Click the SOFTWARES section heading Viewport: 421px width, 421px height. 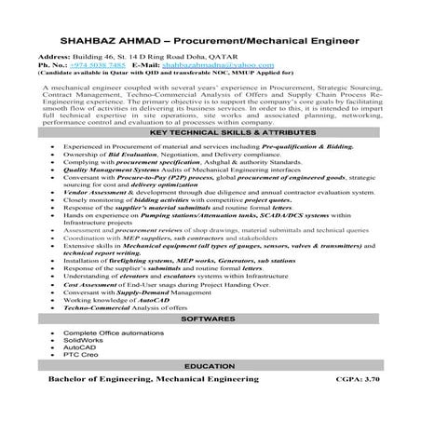pyautogui.click(x=209, y=319)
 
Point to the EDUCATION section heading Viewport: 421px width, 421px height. pyautogui.click(x=209, y=368)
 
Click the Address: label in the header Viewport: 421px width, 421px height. pyautogui.click(x=53, y=58)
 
